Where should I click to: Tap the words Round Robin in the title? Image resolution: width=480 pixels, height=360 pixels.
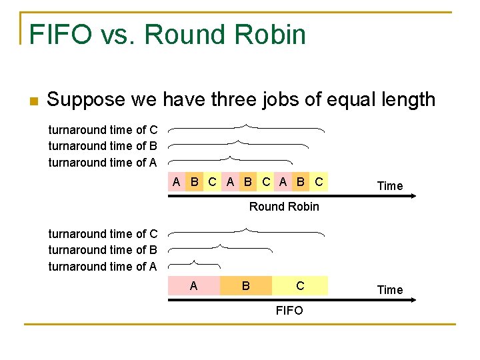pyautogui.click(x=225, y=34)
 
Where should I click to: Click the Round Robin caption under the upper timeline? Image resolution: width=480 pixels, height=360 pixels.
pyautogui.click(x=284, y=207)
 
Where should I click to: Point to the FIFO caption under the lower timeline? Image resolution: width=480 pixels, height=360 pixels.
pyautogui.click(x=289, y=311)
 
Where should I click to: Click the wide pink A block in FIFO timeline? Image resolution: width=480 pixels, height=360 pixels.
pyautogui.click(x=193, y=286)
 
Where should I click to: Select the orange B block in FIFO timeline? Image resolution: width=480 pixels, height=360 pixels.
pyautogui.click(x=246, y=286)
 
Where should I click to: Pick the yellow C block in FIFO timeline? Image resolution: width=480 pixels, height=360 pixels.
pyautogui.click(x=300, y=286)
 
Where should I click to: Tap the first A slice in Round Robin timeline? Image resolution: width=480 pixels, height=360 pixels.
pyautogui.click(x=176, y=181)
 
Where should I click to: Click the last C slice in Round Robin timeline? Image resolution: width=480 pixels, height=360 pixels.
pyautogui.click(x=319, y=181)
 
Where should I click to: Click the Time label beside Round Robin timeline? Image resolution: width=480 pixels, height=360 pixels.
pyautogui.click(x=390, y=186)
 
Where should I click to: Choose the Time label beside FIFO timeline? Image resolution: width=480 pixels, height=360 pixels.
pyautogui.click(x=390, y=290)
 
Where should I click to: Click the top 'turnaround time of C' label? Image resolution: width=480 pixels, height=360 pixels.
pyautogui.click(x=103, y=130)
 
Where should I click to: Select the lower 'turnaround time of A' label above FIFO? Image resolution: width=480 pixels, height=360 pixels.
pyautogui.click(x=103, y=267)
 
